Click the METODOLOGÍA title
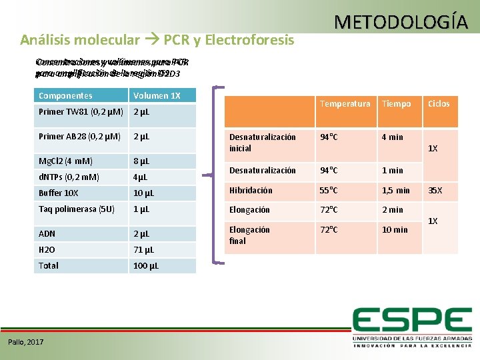401,22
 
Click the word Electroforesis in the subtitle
250,40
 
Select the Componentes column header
65,96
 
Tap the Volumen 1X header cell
157,96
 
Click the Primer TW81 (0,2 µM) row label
79,111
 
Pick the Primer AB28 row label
79,137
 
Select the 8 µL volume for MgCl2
141,161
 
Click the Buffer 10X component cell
59,193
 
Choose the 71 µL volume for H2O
143,249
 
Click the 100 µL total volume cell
145,265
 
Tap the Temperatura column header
345,104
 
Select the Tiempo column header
397,104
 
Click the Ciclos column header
439,104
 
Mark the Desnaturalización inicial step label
262,142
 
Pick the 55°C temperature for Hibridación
329,190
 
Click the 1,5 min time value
395,190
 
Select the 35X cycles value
435,190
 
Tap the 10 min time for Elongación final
394,229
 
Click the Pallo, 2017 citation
26,342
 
